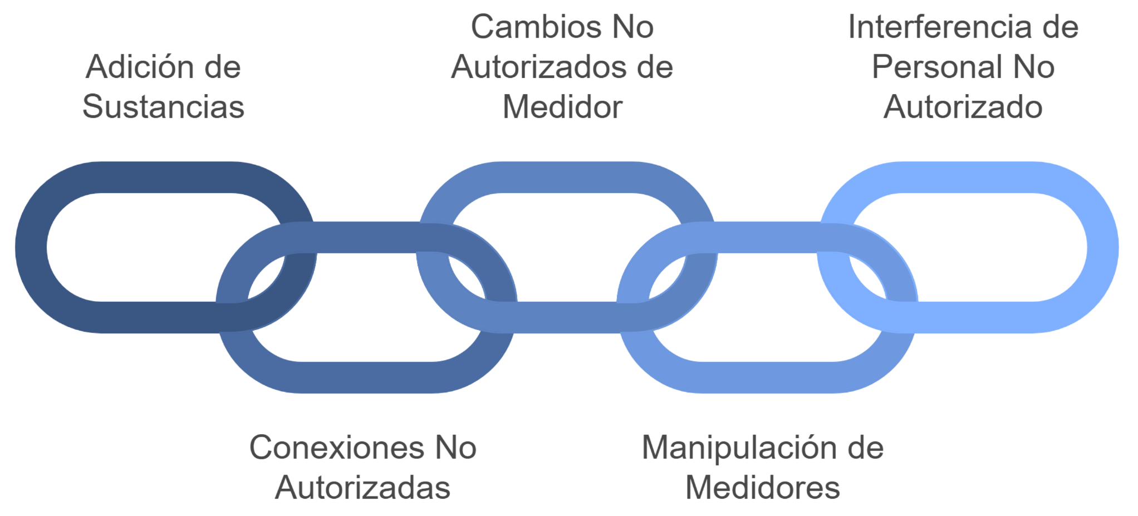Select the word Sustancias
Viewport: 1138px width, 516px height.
(163, 107)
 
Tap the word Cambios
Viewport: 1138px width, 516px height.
(531, 27)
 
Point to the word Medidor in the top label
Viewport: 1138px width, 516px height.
(562, 107)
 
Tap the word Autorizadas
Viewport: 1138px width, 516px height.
(362, 488)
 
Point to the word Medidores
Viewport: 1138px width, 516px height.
(763, 488)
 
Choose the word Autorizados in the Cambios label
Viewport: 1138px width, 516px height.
(538, 67)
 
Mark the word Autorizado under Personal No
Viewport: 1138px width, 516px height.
(963, 107)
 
